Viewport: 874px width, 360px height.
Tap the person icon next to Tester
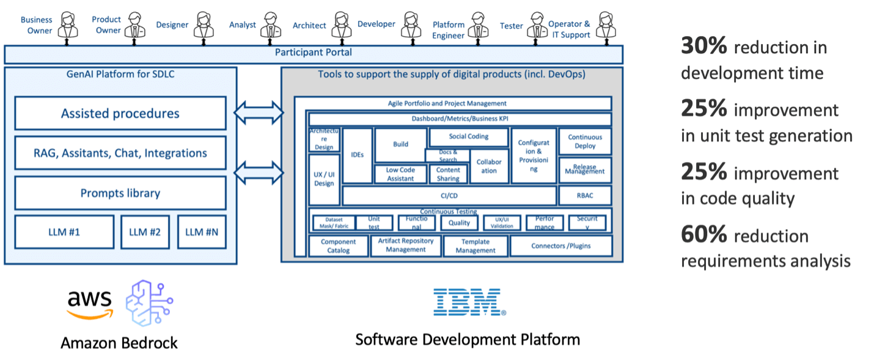coord(537,25)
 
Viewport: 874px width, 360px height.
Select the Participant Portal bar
coord(313,53)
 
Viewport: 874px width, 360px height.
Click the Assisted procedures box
coord(120,113)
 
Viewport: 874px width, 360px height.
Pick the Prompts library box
coord(120,193)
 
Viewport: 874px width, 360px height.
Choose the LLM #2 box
coord(145,232)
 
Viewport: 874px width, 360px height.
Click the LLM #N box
coord(202,232)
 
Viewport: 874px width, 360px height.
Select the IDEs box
coord(358,155)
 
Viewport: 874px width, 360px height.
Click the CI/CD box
coord(449,196)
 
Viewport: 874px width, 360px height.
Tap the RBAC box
coord(584,196)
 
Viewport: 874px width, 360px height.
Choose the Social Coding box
coord(468,137)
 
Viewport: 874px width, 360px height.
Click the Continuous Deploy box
coord(584,142)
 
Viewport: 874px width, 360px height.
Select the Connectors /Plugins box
coord(560,246)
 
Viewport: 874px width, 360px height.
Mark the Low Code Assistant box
coord(400,174)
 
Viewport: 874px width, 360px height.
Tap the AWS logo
coord(90,303)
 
